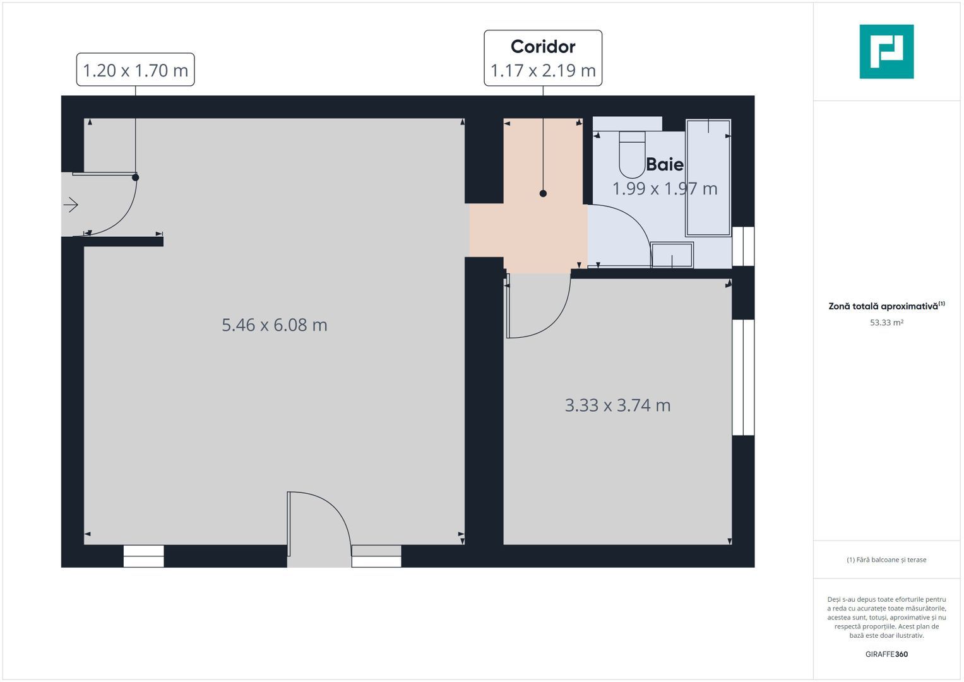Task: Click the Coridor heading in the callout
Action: (543, 47)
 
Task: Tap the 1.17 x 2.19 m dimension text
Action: (543, 71)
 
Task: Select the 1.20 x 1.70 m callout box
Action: (135, 70)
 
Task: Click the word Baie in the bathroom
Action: (665, 165)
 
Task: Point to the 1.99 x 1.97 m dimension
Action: (665, 189)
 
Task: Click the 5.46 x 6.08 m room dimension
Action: (274, 325)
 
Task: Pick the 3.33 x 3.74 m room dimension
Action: (617, 405)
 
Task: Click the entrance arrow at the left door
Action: (71, 205)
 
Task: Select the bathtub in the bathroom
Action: (708, 177)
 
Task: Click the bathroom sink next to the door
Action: (672, 255)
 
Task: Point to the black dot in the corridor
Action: (543, 194)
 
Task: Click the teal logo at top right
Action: (886, 52)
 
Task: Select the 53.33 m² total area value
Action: (886, 323)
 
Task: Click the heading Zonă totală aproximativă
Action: (884, 306)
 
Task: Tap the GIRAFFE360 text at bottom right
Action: (886, 654)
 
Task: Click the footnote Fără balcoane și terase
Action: (886, 559)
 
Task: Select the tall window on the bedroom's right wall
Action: (743, 378)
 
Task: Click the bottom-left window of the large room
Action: (143, 556)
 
